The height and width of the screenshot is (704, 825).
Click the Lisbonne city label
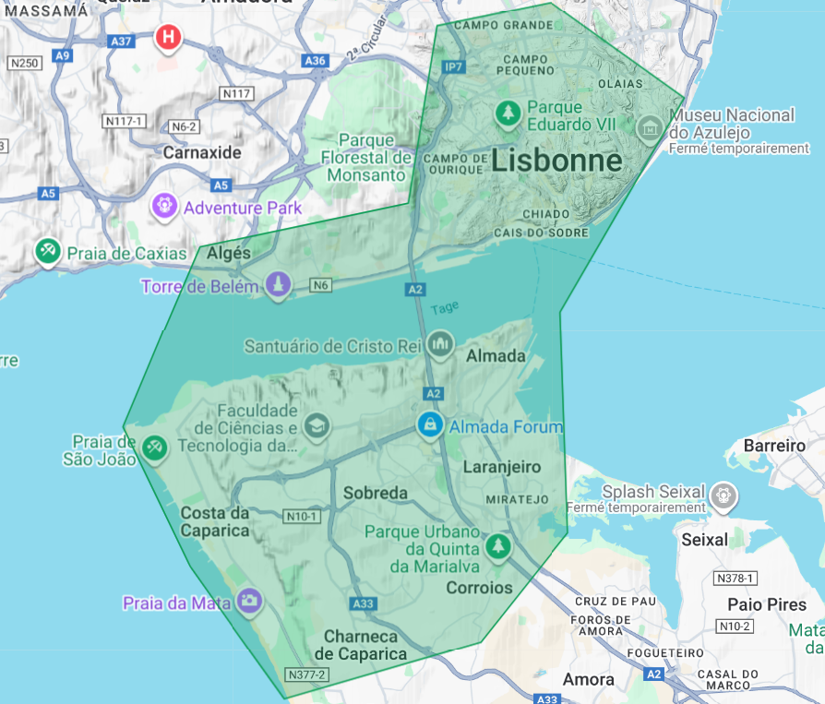click(x=556, y=161)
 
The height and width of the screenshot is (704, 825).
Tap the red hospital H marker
click(x=168, y=38)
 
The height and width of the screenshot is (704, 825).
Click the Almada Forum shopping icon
click(x=429, y=425)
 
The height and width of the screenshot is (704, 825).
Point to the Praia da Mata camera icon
click(x=248, y=602)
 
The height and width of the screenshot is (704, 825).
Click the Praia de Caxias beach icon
click(x=47, y=251)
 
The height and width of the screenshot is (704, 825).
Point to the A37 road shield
click(x=121, y=42)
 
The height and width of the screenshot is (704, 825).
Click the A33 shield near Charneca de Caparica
click(x=363, y=603)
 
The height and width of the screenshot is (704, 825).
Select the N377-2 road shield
click(x=306, y=674)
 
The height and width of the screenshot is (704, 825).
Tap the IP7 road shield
click(x=454, y=67)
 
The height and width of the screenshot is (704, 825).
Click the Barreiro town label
click(x=773, y=446)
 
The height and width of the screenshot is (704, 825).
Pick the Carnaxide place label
click(x=202, y=152)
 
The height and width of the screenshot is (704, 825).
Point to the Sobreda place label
click(x=375, y=493)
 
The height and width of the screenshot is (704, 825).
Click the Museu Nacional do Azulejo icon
click(x=649, y=127)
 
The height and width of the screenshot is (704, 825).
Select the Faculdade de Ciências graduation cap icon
click(x=317, y=425)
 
